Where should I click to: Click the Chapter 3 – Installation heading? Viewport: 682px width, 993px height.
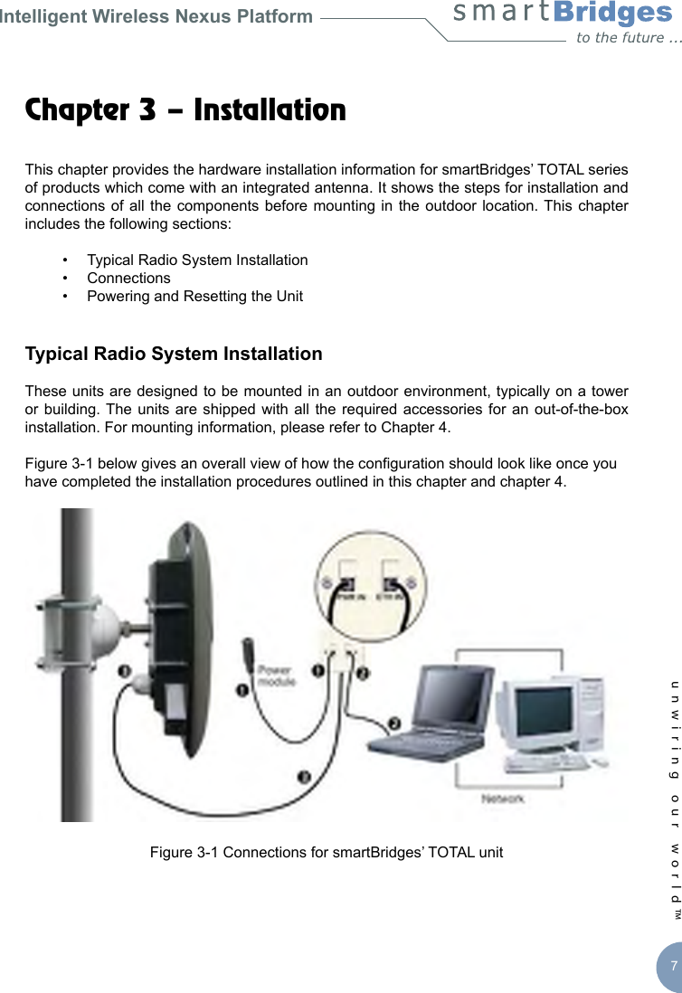click(185, 110)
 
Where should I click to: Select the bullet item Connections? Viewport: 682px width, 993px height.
click(128, 278)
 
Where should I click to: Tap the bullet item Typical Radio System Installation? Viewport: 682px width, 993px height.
click(197, 260)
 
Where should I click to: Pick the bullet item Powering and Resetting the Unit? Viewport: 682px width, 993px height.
click(194, 296)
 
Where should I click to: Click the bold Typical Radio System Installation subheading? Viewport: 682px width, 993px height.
click(174, 354)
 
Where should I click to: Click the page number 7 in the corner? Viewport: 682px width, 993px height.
click(673, 966)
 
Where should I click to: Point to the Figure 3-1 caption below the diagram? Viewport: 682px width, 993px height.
click(327, 853)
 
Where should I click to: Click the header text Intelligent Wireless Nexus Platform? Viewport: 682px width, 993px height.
click(156, 16)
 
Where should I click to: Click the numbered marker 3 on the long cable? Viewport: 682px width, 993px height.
click(305, 775)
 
